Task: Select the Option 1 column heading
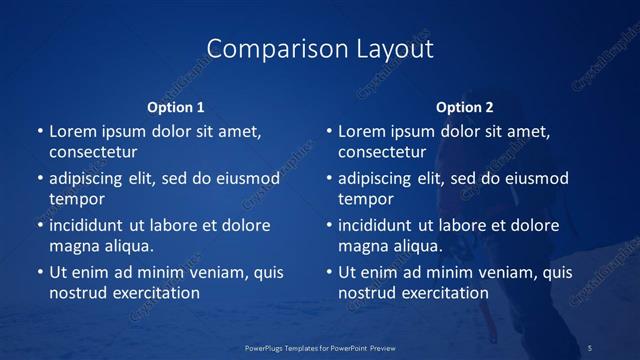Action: coord(176,107)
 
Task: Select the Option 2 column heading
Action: coord(465,107)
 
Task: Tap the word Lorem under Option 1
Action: coord(72,131)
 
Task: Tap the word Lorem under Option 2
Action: coord(361,131)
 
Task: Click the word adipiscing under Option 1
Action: coord(92,179)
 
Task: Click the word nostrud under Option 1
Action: coord(77,293)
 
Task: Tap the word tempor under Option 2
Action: coord(365,199)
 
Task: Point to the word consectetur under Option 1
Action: coord(93,152)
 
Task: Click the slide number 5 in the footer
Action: coord(590,348)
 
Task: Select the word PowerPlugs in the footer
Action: coord(264,348)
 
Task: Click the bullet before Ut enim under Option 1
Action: coord(40,272)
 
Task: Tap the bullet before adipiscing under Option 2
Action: coord(329,179)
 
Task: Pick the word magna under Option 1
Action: coord(73,245)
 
